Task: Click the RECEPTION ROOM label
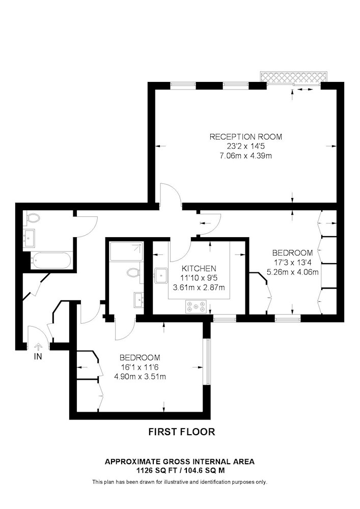click(x=245, y=136)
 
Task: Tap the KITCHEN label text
click(x=199, y=268)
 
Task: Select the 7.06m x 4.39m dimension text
click(x=245, y=156)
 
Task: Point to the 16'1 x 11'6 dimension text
click(x=140, y=367)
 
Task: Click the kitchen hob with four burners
click(x=196, y=306)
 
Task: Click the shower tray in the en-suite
click(x=126, y=251)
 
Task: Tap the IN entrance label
click(x=38, y=356)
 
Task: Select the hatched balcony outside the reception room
click(x=293, y=77)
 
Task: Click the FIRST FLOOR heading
click(x=182, y=432)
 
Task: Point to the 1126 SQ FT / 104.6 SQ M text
click(x=180, y=470)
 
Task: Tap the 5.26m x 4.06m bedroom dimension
click(x=292, y=272)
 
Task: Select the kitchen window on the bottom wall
click(x=225, y=319)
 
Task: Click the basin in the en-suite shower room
click(x=139, y=300)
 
